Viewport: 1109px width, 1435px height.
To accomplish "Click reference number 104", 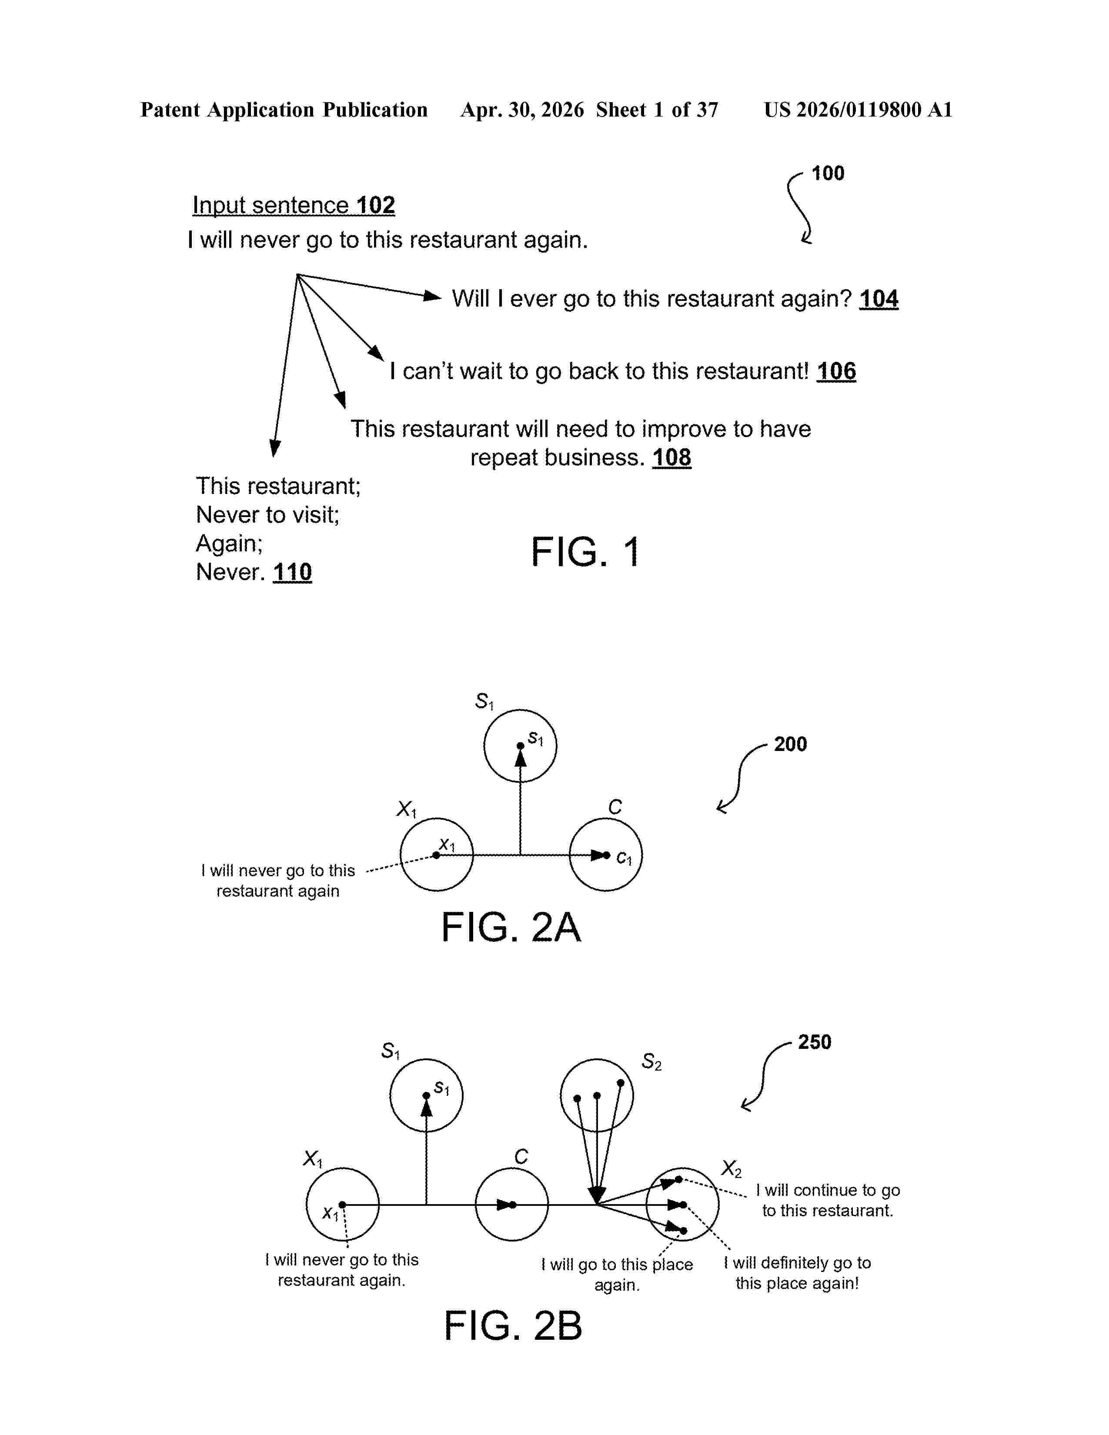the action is coord(879,299).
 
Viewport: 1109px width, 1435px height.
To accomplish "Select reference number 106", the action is coord(836,371).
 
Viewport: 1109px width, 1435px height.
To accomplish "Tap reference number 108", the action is coord(671,457).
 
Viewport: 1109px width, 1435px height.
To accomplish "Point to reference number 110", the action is coord(292,572).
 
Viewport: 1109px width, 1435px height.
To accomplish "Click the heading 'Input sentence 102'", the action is coord(294,205).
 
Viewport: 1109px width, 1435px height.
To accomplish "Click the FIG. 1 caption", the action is coord(585,551).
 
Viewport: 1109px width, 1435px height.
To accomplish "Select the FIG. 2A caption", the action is coord(511,927).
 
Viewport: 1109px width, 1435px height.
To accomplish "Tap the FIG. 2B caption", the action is coord(512,1326).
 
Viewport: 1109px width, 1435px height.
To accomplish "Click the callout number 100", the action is coord(828,174).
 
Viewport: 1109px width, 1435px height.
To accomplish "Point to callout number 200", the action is coord(790,744).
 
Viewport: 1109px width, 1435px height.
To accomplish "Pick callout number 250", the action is coord(815,1042).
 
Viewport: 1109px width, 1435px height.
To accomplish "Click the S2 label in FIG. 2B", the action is coord(651,1062).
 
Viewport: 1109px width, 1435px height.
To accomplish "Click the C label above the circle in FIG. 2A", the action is coord(615,807).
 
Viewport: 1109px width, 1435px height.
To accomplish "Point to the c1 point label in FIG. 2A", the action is coord(624,858).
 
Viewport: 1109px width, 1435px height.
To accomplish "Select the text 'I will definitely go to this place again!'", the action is coord(798,1273).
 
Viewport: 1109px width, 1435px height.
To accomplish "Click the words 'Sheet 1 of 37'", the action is coord(657,110).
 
